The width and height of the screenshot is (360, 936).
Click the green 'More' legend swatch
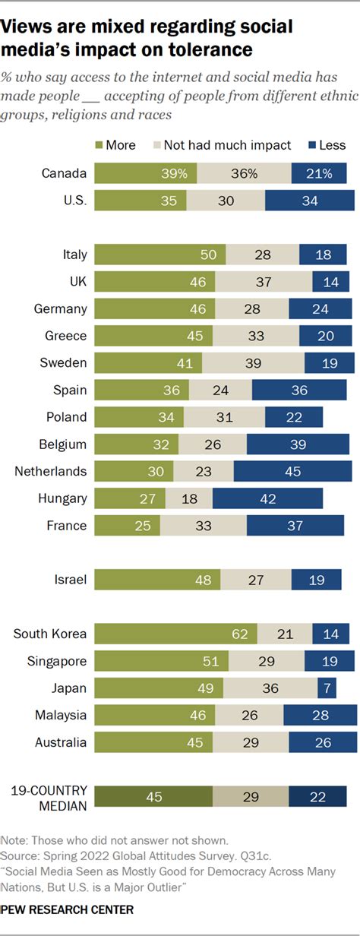[x=99, y=144]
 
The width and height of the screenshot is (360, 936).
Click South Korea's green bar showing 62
[x=175, y=634]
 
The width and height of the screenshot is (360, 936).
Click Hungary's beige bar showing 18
[x=189, y=498]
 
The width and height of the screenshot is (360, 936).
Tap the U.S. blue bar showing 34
[x=310, y=201]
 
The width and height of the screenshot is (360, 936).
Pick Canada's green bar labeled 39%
[x=145, y=173]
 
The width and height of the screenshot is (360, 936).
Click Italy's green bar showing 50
[x=160, y=255]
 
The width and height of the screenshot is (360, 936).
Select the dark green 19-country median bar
[x=153, y=795]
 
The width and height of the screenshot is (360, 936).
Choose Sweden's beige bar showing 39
[x=253, y=363]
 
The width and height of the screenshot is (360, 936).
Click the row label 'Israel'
[x=69, y=580]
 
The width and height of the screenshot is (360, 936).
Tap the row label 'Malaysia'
[x=61, y=715]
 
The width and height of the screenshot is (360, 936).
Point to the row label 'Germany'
[x=61, y=308]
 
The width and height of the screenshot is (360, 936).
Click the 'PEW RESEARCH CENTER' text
[x=56, y=909]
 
